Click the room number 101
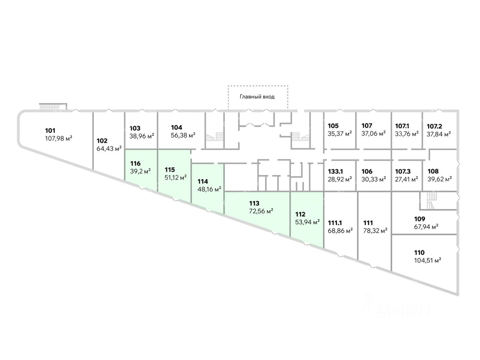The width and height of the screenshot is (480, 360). click(50, 131)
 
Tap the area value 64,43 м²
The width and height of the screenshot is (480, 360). click(109, 148)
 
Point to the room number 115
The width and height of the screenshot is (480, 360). click(169, 169)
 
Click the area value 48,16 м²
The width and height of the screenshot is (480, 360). click(209, 189)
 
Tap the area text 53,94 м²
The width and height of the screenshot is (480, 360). click(307, 222)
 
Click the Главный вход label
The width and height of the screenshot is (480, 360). click(257, 97)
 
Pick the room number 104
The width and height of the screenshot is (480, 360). click(176, 127)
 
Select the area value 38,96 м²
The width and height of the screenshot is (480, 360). click(142, 135)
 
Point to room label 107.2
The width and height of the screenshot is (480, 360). click(435, 126)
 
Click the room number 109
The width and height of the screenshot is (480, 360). click(419, 219)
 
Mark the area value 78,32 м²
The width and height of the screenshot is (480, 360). click(375, 231)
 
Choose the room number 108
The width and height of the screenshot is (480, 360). click(433, 171)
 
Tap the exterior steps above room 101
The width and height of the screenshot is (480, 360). click(53, 106)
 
